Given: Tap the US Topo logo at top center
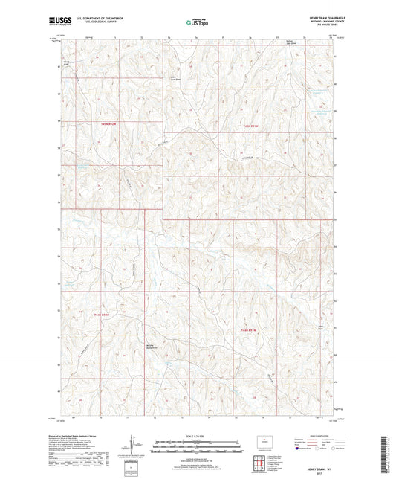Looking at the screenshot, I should pos(195,22).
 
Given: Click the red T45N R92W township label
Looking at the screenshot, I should pos(109,123).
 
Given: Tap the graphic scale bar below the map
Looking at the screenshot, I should pos(198,448).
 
